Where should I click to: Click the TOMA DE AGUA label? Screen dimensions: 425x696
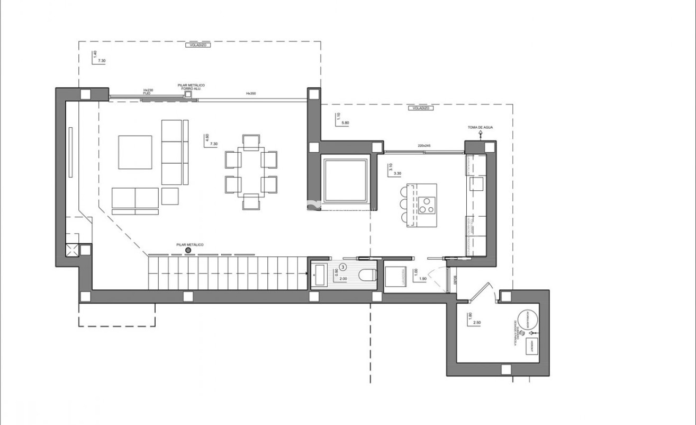pos(480,128)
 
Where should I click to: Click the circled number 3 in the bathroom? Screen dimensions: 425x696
pos(343,268)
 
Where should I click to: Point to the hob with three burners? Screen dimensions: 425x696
pos(426,205)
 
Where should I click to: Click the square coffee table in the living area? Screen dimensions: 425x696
pos(135,152)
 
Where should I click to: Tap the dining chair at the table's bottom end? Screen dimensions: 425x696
pos(251,201)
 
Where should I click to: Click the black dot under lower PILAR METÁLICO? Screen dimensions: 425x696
pos(188,250)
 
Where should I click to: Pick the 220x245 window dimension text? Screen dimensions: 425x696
pos(424,145)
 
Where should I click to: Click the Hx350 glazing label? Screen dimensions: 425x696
pos(251,93)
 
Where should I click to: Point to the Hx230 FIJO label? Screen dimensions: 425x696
pos(148,92)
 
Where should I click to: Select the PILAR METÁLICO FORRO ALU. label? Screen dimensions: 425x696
pos(191,87)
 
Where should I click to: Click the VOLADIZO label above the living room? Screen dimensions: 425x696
pos(200,45)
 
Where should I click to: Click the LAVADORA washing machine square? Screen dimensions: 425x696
pos(395,276)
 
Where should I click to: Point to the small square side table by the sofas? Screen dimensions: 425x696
pos(170,196)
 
